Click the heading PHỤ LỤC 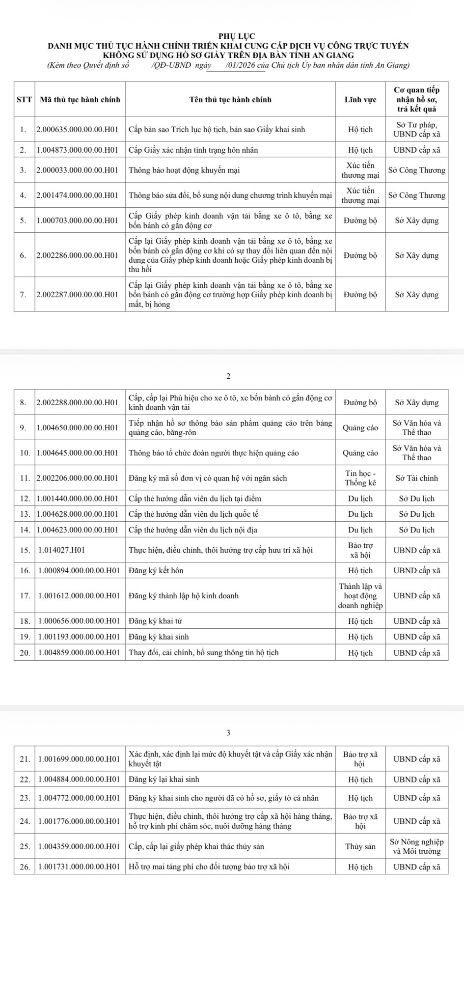click(x=232, y=36)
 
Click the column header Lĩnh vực click(x=360, y=99)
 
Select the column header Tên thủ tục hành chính click(x=230, y=99)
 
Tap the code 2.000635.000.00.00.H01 click(x=78, y=130)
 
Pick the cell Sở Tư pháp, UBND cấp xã click(x=417, y=130)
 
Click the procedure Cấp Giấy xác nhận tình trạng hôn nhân click(x=193, y=150)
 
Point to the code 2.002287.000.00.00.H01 click(x=78, y=295)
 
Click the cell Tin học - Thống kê click(x=360, y=478)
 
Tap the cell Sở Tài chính click(x=417, y=478)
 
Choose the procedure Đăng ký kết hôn click(x=156, y=570)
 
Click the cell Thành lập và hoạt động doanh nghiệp click(x=360, y=595)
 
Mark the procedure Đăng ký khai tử click(x=155, y=621)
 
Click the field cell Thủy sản click(x=360, y=847)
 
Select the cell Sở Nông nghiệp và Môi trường click(x=417, y=847)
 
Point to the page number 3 click(x=228, y=733)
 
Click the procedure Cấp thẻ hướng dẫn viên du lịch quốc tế click(x=193, y=514)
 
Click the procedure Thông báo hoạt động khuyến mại click(x=184, y=170)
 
